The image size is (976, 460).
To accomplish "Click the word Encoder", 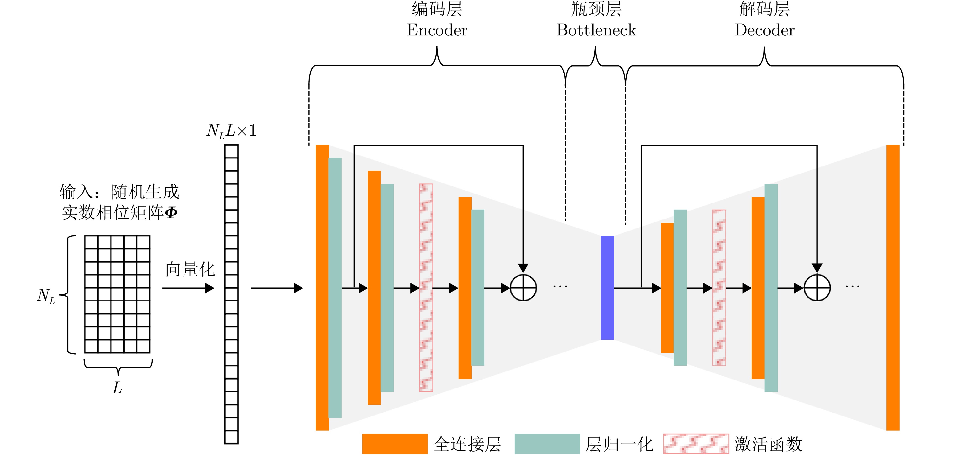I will coord(437,30).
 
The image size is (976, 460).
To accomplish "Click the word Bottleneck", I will coord(596,30).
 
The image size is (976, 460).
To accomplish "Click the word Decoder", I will coord(764,30).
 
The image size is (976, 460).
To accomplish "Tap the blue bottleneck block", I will coord(607,287).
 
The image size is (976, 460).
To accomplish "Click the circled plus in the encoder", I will coord(523,288).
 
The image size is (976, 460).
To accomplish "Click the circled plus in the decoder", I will coord(817,288).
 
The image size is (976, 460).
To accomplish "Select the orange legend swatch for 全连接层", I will coord(395,444).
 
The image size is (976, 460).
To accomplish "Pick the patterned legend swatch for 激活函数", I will coord(696,444).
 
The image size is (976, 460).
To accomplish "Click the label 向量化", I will coord(190,269).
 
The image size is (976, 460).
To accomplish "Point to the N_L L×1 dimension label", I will coord(231,131).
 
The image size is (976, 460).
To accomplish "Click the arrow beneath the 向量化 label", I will coord(188,288).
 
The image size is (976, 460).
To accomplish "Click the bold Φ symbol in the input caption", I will coord(171,212).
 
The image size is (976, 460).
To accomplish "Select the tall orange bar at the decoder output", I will coord(892,287).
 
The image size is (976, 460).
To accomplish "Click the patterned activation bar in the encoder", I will coord(426,287).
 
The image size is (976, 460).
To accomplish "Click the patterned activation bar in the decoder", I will coord(719,287).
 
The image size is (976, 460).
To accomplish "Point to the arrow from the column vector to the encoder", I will coord(277,288).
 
